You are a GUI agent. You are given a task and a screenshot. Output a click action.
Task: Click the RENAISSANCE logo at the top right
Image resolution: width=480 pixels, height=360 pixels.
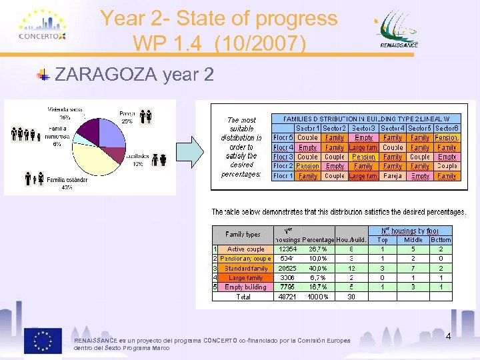[399, 31]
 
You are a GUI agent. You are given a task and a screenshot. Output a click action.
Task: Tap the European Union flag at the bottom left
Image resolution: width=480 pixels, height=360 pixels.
[43, 341]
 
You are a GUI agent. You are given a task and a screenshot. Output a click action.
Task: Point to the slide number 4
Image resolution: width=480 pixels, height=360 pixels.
[448, 337]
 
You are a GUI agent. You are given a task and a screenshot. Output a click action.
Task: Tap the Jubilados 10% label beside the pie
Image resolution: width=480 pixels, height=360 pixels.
[137, 160]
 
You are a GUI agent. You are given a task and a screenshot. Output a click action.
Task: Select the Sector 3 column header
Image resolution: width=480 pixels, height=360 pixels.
[363, 128]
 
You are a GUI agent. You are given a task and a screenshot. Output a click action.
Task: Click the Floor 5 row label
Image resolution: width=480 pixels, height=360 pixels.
[283, 138]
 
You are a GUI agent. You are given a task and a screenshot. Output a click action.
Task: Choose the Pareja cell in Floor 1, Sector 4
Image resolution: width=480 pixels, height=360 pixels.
[393, 176]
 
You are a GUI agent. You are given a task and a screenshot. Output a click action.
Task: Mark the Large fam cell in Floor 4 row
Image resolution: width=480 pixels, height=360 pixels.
[363, 147]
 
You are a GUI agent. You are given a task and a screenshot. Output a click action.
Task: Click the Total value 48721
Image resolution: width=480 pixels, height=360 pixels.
[287, 297]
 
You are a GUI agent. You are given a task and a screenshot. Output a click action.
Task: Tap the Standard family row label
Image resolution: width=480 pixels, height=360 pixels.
[246, 268]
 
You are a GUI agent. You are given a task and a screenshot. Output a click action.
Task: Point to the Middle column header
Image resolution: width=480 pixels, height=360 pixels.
[413, 239]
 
